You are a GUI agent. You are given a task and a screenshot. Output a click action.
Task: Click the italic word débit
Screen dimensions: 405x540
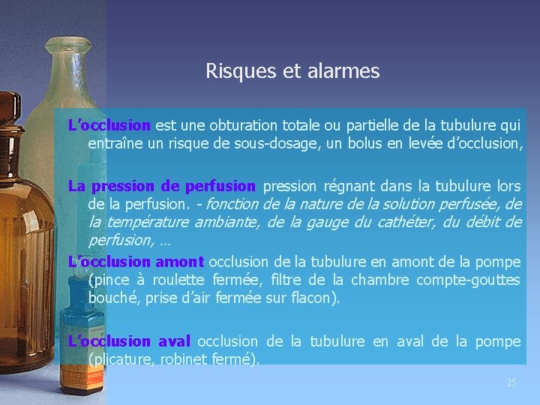coord(482,222)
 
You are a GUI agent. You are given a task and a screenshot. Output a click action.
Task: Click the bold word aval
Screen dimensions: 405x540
coord(174,341)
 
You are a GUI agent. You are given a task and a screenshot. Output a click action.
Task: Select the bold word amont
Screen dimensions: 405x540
coord(179,262)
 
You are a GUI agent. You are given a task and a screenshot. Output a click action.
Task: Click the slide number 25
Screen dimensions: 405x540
coord(511,383)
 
